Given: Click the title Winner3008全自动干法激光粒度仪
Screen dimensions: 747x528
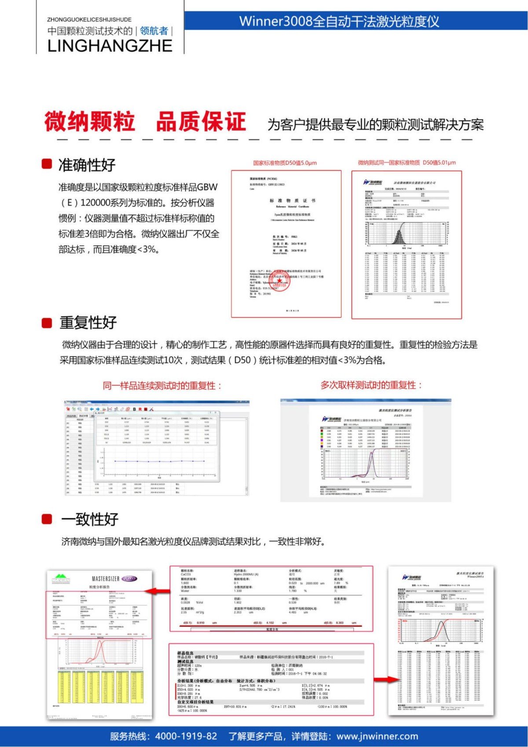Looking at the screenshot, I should click(x=339, y=21).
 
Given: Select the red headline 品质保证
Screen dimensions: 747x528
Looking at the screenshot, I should click(x=201, y=122).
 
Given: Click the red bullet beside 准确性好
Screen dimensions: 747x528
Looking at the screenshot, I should click(x=47, y=164).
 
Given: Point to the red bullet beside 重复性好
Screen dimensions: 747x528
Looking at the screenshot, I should click(x=47, y=323).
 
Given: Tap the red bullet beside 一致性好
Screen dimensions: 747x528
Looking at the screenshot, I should click(x=47, y=519).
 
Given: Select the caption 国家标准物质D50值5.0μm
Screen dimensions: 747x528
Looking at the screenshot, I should click(x=285, y=163).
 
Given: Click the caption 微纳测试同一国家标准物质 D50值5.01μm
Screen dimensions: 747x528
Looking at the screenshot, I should click(x=407, y=163).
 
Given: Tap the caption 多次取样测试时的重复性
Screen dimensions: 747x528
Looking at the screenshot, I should click(x=371, y=385).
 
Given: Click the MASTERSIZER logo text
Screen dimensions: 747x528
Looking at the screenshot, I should click(x=106, y=579).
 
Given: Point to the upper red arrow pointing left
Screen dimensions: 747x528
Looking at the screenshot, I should click(x=161, y=591).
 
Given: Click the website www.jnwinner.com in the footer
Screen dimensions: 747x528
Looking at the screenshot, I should click(x=377, y=736).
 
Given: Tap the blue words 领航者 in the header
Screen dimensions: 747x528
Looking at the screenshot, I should click(x=154, y=31).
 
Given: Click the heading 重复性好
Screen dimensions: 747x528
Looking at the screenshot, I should click(x=88, y=322).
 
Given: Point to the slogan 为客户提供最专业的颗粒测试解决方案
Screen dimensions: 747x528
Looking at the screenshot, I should click(x=375, y=124).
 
